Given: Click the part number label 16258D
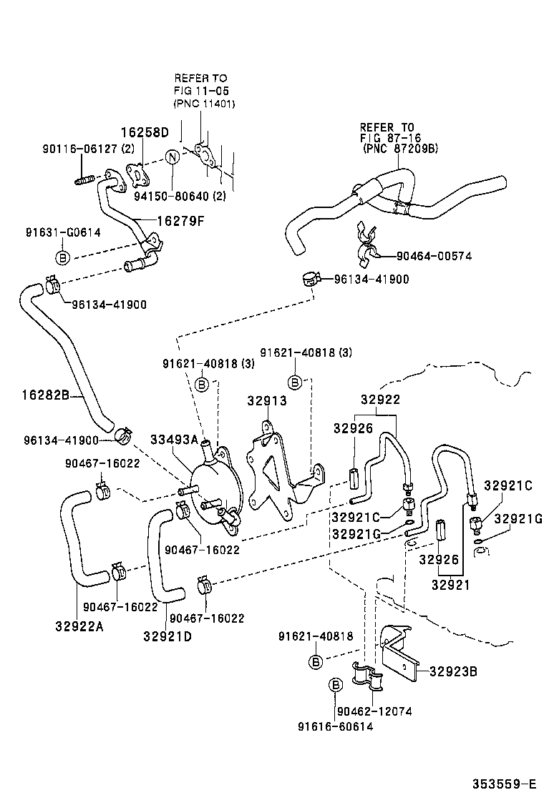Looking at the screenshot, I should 144,132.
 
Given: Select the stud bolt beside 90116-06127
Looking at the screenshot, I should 85,179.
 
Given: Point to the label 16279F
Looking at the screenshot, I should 181,220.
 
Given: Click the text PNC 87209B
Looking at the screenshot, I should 399,149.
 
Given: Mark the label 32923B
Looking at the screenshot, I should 453,671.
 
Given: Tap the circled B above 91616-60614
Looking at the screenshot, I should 334,686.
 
